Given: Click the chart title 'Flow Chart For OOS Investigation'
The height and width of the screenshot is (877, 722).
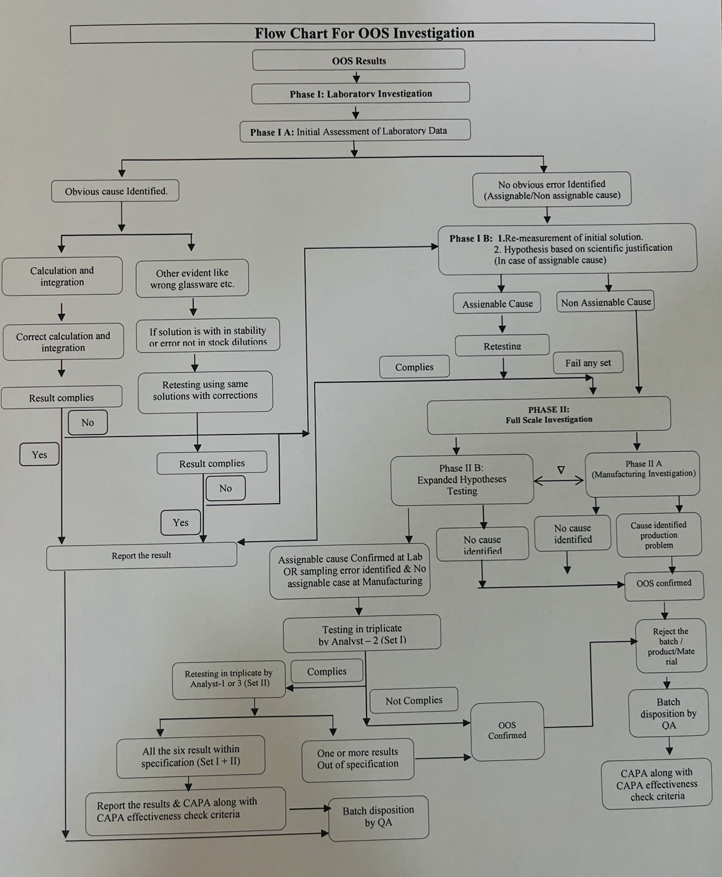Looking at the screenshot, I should click(364, 33).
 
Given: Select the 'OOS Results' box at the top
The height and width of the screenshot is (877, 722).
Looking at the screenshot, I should click(359, 60).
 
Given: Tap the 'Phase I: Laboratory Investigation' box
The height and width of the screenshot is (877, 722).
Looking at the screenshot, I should click(361, 93).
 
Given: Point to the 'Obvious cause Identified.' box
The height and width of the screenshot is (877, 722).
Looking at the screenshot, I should click(116, 191).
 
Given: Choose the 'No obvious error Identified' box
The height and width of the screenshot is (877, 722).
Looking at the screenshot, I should click(552, 190).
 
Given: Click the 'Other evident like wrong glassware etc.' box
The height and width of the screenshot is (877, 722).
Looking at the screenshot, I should click(192, 278).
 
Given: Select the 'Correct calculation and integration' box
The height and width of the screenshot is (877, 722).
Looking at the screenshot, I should click(63, 341).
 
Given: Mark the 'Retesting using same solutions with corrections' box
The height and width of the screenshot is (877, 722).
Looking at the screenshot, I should click(205, 391).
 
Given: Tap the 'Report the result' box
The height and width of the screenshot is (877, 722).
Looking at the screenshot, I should click(142, 555).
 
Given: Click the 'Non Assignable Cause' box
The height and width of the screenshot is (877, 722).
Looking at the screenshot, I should click(606, 302).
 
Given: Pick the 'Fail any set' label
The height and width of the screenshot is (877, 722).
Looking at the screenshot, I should click(588, 363).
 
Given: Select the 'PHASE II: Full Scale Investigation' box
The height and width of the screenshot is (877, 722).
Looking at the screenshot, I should click(549, 415).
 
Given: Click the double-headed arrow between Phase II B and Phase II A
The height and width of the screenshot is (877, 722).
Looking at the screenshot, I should click(559, 481).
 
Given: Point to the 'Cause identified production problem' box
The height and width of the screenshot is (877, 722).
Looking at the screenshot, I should click(659, 535).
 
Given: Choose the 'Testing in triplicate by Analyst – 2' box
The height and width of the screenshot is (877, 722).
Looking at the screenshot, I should click(362, 633).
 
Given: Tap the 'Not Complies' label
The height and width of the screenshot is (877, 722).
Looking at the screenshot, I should click(414, 700).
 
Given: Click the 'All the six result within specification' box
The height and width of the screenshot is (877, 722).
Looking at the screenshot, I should click(191, 756).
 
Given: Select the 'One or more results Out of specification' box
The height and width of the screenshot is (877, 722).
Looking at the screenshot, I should click(357, 758).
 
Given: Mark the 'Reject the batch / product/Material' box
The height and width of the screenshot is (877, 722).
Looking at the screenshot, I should click(671, 646).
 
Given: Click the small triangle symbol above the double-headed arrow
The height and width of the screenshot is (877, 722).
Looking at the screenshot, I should click(560, 470).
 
